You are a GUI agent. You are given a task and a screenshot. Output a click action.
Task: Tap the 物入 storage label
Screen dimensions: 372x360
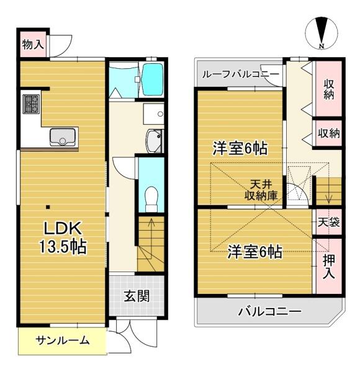click(32, 44)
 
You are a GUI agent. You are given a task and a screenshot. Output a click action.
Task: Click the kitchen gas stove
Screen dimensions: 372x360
click(31, 104)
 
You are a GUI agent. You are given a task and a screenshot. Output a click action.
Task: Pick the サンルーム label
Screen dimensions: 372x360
click(62, 340)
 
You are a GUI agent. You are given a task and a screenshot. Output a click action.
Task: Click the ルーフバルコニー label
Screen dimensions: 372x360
click(238, 74)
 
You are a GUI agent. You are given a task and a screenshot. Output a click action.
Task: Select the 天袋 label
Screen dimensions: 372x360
click(329, 222)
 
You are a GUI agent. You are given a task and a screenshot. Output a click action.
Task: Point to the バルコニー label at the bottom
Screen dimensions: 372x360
click(269, 312)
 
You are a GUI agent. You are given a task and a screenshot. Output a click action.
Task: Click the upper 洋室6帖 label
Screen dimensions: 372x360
click(240, 149)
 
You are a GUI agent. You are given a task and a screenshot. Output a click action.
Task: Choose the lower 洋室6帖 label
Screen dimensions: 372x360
click(254, 252)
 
